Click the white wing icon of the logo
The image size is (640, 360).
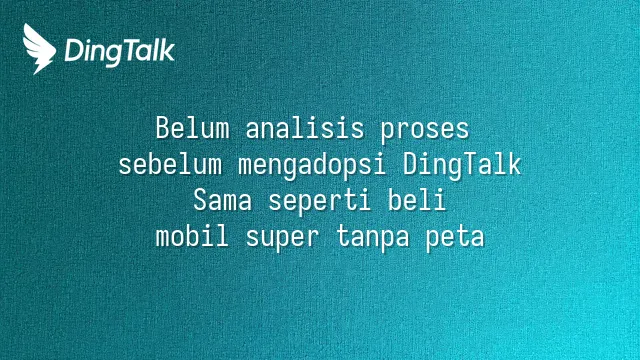click(39, 49)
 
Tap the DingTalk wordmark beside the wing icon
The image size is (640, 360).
click(120, 52)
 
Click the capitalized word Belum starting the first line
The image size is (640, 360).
click(192, 128)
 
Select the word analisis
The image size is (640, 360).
click(304, 128)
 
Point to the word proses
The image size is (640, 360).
click(425, 130)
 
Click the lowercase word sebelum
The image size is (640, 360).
click(170, 164)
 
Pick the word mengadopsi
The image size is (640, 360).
click(312, 167)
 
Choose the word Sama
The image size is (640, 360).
click(222, 201)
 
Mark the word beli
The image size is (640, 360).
click(417, 200)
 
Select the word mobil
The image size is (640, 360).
click(192, 236)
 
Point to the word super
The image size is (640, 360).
click(282, 238)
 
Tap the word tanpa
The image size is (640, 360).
click(373, 238)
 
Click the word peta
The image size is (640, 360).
click(455, 238)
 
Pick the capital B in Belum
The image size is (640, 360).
click(162, 128)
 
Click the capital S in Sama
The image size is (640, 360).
click(200, 201)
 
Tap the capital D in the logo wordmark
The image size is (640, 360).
click(73, 51)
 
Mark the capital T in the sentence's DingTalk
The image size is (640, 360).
click(469, 164)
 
